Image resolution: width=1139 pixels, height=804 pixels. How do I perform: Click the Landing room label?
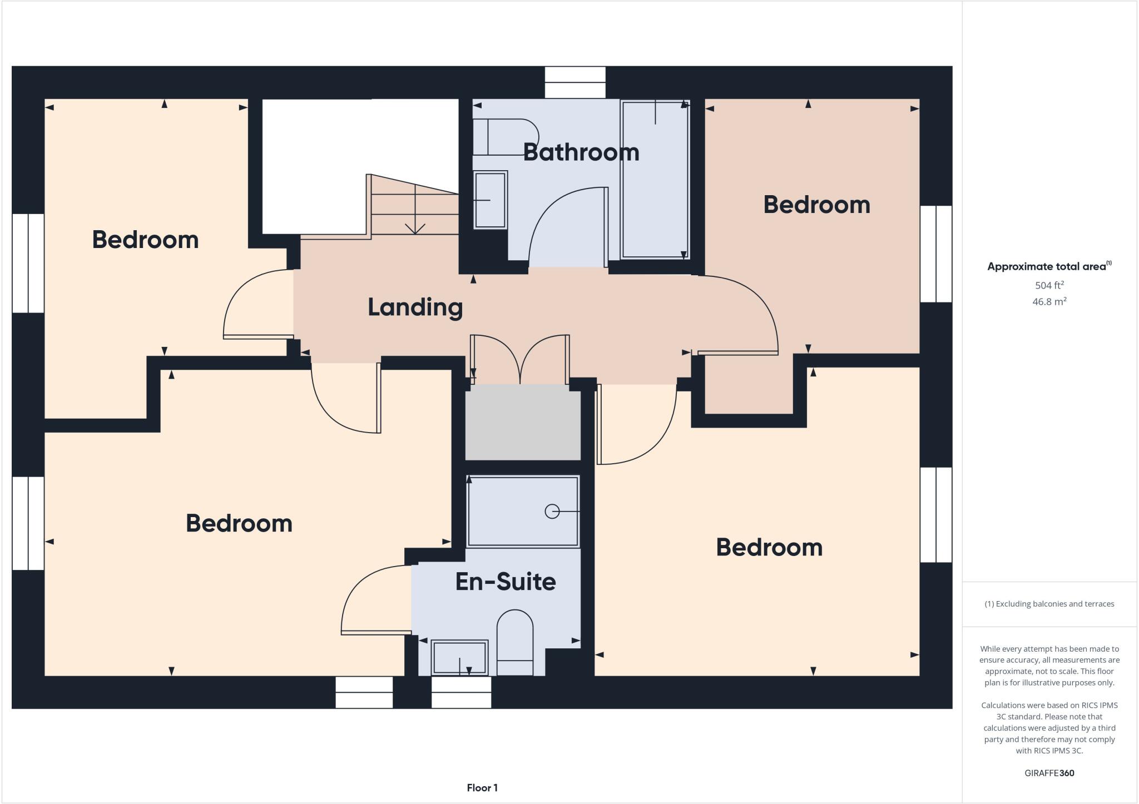tap(415, 307)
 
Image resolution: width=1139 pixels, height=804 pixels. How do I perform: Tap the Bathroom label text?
tap(581, 152)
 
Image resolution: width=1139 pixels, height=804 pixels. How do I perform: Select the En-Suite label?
tap(505, 582)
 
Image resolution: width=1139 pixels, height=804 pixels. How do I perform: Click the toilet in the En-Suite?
tap(514, 642)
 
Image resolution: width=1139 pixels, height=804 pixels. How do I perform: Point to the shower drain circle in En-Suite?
tap(552, 511)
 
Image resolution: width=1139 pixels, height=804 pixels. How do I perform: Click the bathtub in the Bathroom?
tap(655, 179)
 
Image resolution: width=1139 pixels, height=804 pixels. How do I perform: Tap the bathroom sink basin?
tap(490, 200)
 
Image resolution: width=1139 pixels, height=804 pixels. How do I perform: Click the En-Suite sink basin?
tap(459, 658)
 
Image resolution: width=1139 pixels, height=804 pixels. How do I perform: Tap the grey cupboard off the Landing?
tap(522, 423)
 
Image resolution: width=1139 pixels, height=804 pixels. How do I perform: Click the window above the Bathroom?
tap(575, 82)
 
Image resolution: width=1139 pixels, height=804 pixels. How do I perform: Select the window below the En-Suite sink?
tap(461, 692)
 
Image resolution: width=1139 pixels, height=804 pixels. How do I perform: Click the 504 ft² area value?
tap(1049, 285)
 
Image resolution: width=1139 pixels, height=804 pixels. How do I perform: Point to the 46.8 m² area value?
tap(1049, 302)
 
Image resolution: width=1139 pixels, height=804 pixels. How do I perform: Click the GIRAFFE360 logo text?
tap(1049, 773)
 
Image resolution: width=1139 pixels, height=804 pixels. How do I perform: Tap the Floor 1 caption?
tap(482, 788)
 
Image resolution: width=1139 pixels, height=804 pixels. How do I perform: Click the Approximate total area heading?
tap(1048, 266)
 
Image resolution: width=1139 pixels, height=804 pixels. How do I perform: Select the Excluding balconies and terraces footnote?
tap(1049, 604)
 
